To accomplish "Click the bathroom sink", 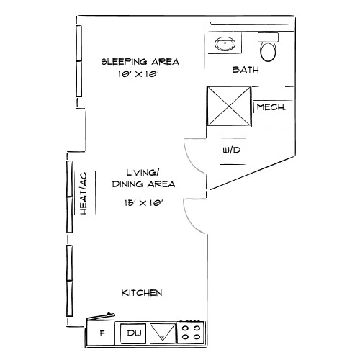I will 225,45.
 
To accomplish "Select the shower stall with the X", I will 229,107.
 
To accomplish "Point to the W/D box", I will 230,151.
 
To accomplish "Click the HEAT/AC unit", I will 84,192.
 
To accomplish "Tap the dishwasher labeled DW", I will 134,333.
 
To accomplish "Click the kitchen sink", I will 164,333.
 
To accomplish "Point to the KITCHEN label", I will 141,293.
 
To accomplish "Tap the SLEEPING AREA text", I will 140,62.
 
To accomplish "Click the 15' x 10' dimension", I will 141,204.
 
